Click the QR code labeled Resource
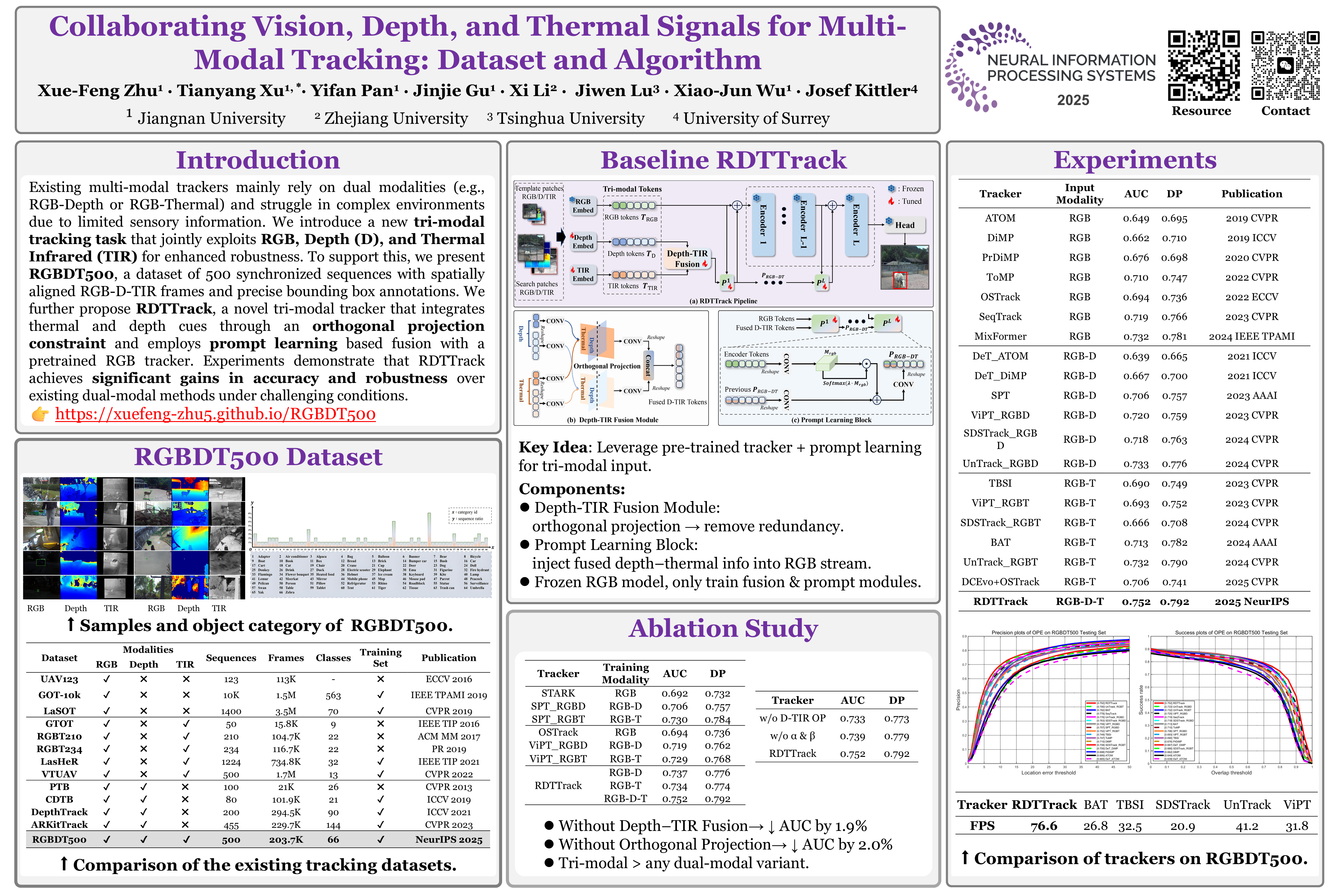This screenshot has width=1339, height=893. point(1204,65)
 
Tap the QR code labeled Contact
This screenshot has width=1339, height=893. point(1285,65)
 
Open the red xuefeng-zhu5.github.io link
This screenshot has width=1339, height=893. point(215,414)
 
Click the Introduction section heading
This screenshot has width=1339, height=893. point(258,160)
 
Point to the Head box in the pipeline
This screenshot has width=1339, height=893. point(905,225)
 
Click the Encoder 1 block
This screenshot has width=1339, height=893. point(763,224)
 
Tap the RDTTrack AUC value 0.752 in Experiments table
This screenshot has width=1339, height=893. point(1136,602)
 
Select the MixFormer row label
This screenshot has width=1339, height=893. point(1000,337)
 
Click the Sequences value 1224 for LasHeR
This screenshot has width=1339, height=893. point(231,762)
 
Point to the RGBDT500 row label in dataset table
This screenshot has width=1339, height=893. point(59,839)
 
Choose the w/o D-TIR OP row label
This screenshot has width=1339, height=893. point(793,719)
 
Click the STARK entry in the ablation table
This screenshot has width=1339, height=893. point(558,693)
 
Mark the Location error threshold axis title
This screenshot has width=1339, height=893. point(1048,773)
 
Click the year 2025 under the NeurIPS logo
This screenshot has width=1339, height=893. point(1073,100)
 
